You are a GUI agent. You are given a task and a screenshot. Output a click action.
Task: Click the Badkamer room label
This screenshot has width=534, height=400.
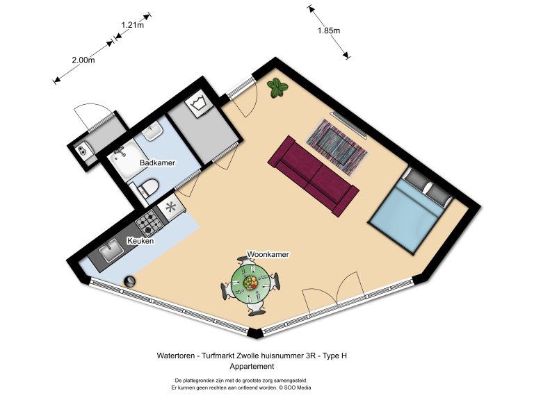[157, 162]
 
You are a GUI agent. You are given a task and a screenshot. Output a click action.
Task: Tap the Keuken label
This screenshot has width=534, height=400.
[140, 242]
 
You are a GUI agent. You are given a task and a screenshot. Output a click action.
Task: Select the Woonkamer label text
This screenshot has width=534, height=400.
[268, 255]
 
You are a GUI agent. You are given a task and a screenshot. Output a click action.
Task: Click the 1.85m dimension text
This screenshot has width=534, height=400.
[329, 31]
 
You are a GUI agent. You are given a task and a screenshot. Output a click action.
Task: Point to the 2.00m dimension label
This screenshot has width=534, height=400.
[83, 60]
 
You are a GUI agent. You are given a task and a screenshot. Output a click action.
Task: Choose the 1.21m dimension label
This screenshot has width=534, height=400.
[132, 26]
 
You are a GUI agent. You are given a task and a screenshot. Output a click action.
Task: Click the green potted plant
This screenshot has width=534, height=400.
[278, 87]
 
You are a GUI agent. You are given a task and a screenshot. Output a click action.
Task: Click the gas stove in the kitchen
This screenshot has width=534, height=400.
[149, 223]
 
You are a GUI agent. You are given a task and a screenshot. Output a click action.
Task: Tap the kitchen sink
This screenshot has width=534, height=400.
[111, 254]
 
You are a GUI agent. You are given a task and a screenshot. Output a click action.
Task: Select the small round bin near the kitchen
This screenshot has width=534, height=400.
[129, 281]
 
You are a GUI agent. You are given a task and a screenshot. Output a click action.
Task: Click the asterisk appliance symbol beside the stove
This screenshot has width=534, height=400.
[170, 206]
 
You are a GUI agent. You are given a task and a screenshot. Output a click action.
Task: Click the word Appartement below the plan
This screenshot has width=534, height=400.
[252, 366]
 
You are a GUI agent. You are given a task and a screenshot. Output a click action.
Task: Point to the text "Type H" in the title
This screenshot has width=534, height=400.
[333, 356]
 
